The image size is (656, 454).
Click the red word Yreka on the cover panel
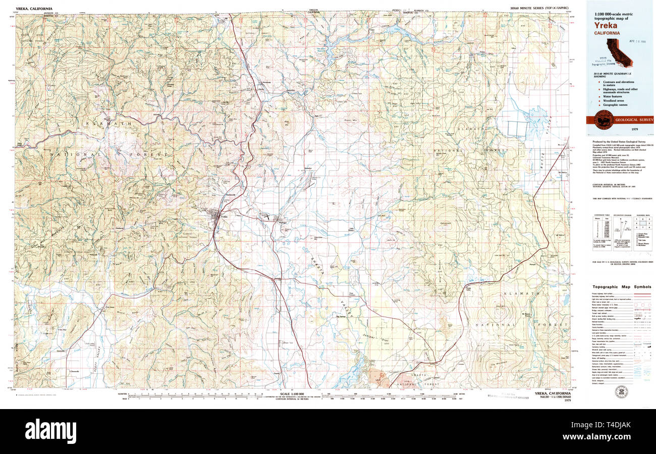[x=606, y=25]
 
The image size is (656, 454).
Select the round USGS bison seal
[x=604, y=120]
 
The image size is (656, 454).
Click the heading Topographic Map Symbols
[x=622, y=287]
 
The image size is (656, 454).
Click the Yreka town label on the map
[x=225, y=216]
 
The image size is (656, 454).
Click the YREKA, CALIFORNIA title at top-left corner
[x=34, y=9]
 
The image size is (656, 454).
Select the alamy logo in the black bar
[x=50, y=431]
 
